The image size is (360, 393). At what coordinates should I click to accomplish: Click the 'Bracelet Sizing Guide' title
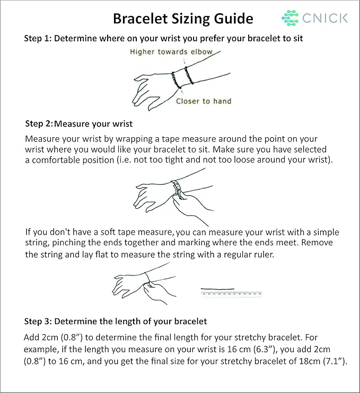tap(183, 19)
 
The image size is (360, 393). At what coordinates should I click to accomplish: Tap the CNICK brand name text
tap(325, 18)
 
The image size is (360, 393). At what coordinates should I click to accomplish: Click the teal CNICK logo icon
tap(290, 18)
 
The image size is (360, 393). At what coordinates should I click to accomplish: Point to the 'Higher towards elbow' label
tap(171, 51)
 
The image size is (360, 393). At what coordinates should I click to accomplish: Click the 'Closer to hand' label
tap(204, 101)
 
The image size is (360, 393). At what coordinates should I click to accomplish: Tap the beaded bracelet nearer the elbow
tap(189, 75)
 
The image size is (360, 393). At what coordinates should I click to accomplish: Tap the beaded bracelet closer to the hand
tap(177, 80)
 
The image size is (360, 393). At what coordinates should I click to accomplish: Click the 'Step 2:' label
tap(39, 123)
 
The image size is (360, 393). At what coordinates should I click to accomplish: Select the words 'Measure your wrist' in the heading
tap(93, 124)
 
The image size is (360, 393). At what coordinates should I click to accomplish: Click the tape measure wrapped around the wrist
tap(178, 189)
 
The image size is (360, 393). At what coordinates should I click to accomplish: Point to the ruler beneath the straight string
tap(232, 294)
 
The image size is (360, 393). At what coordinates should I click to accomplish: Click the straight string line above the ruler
tap(218, 289)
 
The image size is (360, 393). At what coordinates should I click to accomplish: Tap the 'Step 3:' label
tap(38, 321)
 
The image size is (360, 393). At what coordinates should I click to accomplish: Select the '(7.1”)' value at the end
tap(336, 361)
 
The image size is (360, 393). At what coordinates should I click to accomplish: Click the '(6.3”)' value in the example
tap(265, 349)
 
